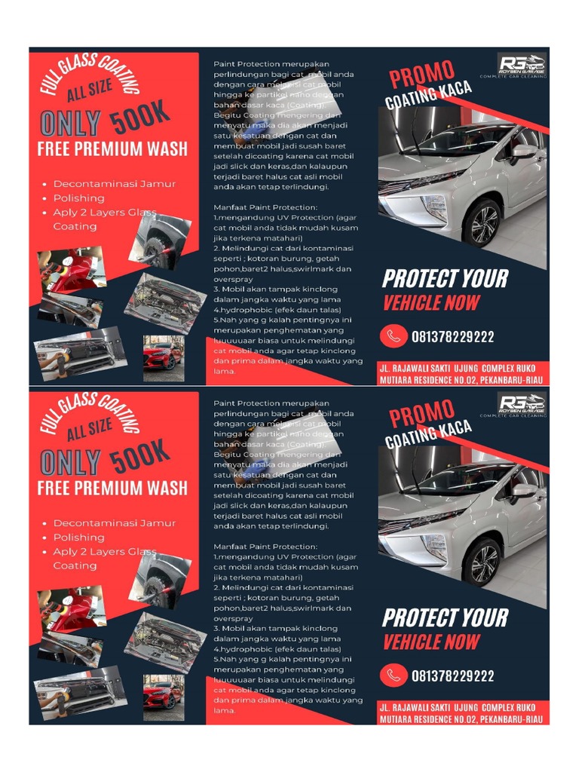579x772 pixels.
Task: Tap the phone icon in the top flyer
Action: click(x=393, y=336)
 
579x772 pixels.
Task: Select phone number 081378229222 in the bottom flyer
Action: click(x=453, y=676)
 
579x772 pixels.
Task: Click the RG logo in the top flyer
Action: click(x=522, y=63)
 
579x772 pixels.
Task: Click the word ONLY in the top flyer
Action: click(x=70, y=124)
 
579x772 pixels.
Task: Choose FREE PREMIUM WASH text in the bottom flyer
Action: click(x=112, y=488)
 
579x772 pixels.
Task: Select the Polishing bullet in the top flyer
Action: click(x=78, y=198)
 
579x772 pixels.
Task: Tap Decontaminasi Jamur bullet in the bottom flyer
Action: click(x=114, y=523)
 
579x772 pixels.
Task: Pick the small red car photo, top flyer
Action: click(x=163, y=357)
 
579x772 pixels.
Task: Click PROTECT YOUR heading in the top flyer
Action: click(x=445, y=279)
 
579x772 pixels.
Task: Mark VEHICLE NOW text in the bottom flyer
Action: click(x=430, y=642)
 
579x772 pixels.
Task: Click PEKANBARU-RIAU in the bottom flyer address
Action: click(x=507, y=720)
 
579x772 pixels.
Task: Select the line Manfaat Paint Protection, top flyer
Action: click(x=265, y=207)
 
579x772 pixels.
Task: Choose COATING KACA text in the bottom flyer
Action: click(x=428, y=435)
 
